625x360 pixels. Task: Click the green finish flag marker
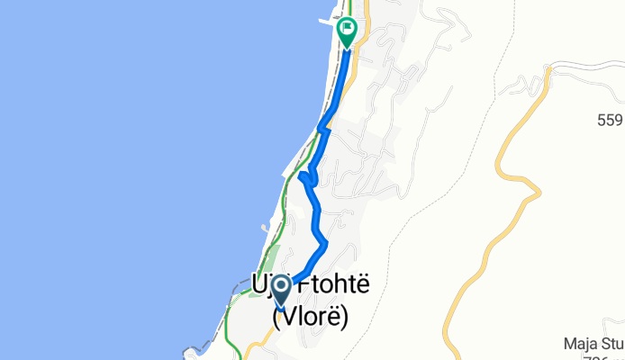(348, 31)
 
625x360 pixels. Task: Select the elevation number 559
(610, 119)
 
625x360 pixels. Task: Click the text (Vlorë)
(310, 317)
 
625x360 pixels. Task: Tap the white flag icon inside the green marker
(348, 28)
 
